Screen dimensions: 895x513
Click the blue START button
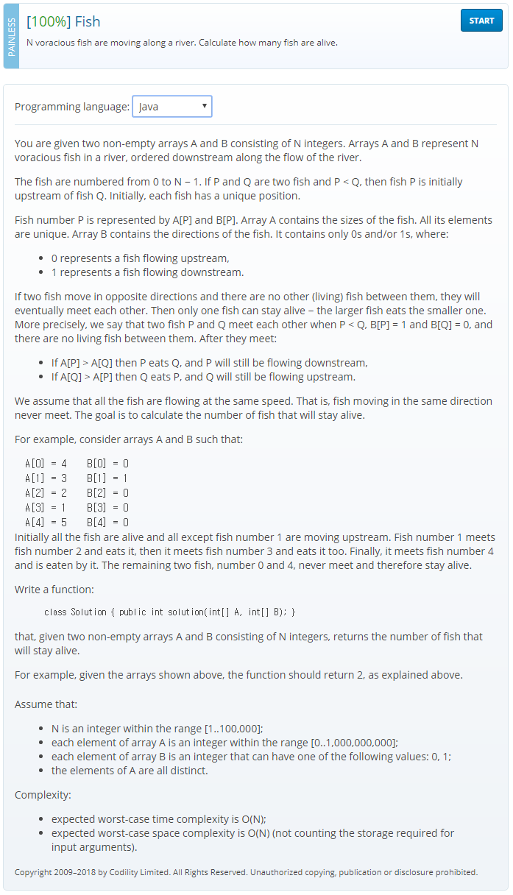481,21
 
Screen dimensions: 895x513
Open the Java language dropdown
172,107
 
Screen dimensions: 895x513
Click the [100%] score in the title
49,21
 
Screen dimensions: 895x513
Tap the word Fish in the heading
88,21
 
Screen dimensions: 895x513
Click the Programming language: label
71,107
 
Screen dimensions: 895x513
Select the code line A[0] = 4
46,464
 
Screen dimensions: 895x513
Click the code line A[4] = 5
46,522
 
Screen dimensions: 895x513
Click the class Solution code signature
169,612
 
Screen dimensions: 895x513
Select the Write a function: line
54,590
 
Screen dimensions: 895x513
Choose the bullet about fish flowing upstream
140,258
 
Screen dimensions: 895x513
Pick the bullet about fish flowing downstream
147,272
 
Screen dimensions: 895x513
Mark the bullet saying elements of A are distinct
130,771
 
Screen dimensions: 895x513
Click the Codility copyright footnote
246,872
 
